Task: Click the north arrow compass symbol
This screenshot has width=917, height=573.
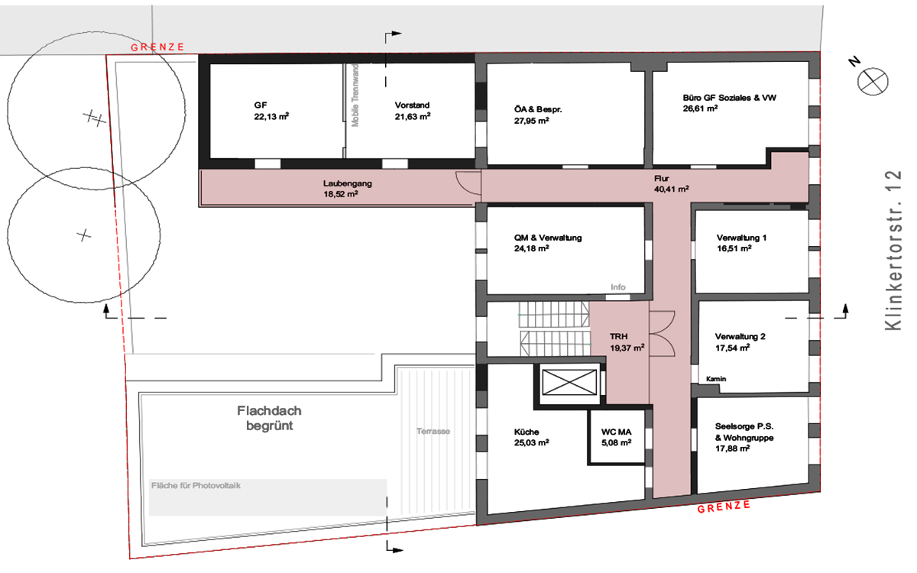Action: click(873, 81)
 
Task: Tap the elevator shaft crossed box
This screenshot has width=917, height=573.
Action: click(569, 382)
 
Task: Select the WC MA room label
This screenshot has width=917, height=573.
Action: click(616, 432)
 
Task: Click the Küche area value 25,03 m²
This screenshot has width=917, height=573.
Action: click(531, 442)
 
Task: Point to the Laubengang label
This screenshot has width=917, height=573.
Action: click(347, 183)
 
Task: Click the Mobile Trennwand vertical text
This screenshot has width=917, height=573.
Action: click(355, 95)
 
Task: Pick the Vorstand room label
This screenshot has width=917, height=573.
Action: click(412, 105)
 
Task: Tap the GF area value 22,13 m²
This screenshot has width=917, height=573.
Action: click(271, 117)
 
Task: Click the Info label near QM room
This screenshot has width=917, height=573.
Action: click(617, 287)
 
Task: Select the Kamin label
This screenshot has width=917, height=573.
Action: click(716, 379)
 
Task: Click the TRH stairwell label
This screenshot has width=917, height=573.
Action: click(618, 336)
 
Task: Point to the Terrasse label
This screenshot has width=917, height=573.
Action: click(433, 431)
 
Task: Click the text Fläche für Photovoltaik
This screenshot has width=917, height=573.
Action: click(196, 485)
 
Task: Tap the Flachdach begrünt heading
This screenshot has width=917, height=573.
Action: click(269, 418)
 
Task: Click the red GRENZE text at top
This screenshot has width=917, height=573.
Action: click(157, 47)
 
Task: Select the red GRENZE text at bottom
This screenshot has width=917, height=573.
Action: click(724, 507)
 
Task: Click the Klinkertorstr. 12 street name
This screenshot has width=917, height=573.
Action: click(893, 250)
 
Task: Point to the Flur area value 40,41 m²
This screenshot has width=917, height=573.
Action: click(672, 189)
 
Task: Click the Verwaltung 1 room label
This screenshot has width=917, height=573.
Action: click(741, 238)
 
